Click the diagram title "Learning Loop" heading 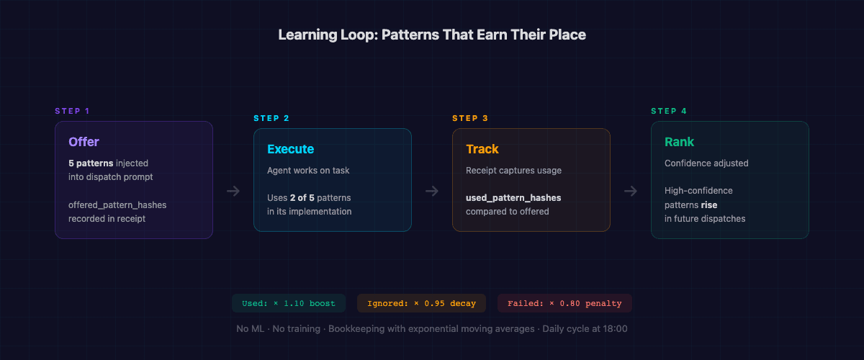point(432,35)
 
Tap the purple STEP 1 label point(72,111)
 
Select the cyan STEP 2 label point(271,118)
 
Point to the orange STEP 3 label point(469,118)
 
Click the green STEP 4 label point(668,111)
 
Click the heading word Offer point(84,142)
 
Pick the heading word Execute point(290,149)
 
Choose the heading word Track point(482,149)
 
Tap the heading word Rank point(679,142)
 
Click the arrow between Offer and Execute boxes point(233,191)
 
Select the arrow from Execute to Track point(432,191)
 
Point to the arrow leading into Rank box point(631,191)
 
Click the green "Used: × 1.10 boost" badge point(288,303)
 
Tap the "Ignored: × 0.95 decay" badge point(421,303)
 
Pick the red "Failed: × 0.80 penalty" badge point(564,303)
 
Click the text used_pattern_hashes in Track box point(513,197)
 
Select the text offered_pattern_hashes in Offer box point(117,205)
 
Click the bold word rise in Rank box point(709,204)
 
